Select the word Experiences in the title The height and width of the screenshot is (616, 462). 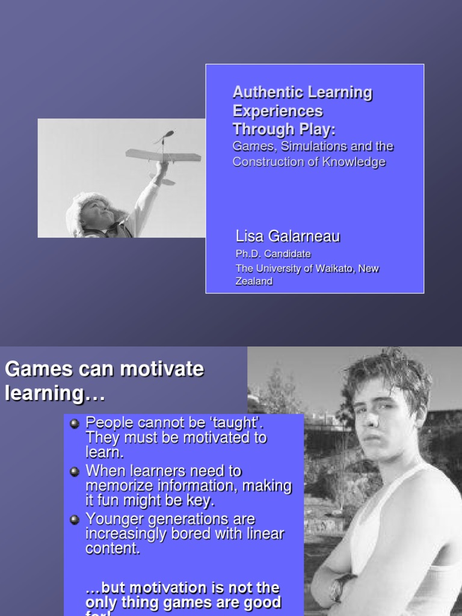pyautogui.click(x=277, y=111)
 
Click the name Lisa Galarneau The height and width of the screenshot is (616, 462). pyautogui.click(x=288, y=236)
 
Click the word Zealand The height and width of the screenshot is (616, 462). pyautogui.click(x=254, y=281)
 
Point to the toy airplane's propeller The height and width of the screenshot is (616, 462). pyautogui.click(x=164, y=137)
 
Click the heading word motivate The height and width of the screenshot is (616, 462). pyautogui.click(x=163, y=369)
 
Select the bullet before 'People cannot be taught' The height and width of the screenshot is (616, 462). pyautogui.click(x=75, y=423)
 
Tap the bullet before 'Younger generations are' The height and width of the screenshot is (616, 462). pyautogui.click(x=75, y=520)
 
